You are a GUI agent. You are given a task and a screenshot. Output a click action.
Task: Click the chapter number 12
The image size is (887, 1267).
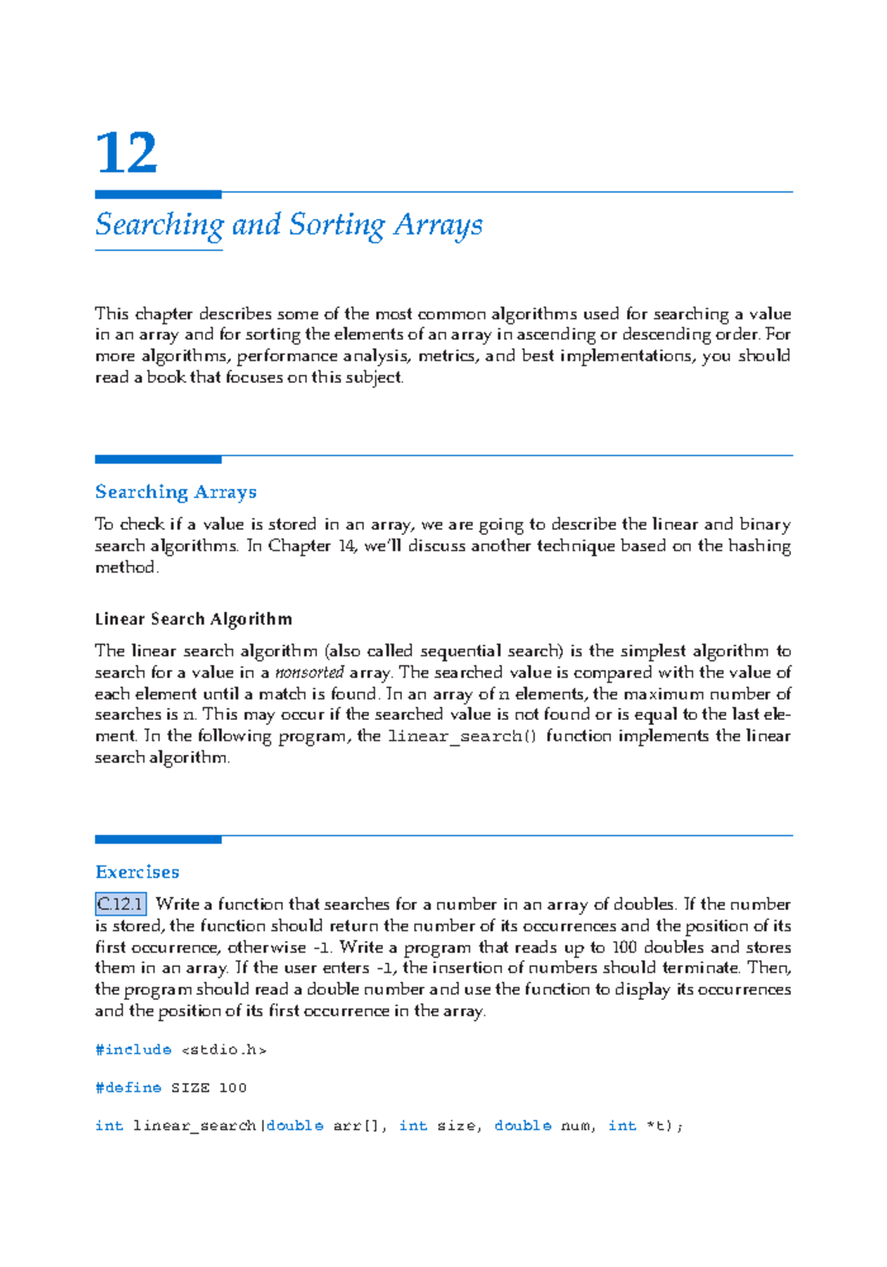tap(126, 153)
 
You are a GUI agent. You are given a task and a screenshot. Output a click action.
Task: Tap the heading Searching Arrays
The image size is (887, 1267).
tap(176, 492)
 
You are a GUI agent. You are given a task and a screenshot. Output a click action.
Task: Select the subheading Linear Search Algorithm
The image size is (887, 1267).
tap(194, 619)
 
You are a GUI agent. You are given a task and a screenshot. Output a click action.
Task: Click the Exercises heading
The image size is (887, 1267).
tap(137, 872)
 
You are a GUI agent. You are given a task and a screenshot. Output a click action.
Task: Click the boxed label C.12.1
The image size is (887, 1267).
tap(120, 904)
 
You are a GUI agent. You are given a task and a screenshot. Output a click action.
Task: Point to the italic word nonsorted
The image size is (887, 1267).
tap(309, 673)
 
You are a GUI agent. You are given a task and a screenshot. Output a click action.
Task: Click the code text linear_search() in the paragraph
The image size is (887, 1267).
tap(463, 736)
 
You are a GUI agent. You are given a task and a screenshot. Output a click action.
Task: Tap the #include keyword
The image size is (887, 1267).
tap(133, 1050)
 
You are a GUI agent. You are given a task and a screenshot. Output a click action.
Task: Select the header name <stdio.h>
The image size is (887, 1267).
tap(224, 1050)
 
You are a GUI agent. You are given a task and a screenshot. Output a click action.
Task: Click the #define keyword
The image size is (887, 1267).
tap(129, 1087)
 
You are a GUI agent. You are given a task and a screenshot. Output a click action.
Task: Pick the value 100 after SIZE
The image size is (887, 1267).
tap(233, 1087)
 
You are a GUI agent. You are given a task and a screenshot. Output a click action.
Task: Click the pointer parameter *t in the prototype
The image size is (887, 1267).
tap(655, 1126)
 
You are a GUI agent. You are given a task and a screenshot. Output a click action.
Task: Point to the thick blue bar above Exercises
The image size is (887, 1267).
tap(158, 839)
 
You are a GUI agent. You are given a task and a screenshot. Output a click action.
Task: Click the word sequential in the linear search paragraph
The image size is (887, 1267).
tap(460, 651)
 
